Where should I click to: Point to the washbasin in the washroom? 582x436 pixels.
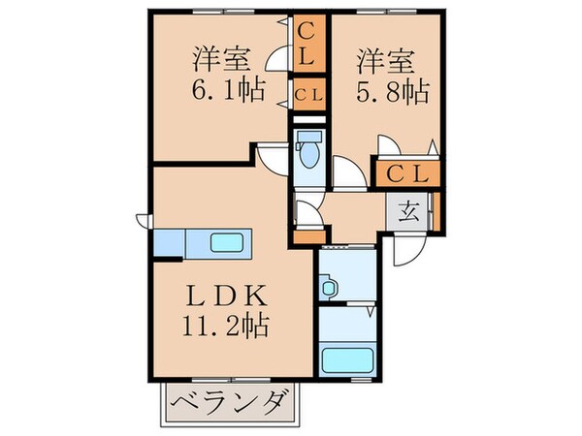(x=327, y=287)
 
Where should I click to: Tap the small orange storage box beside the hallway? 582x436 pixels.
(x=309, y=233)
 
